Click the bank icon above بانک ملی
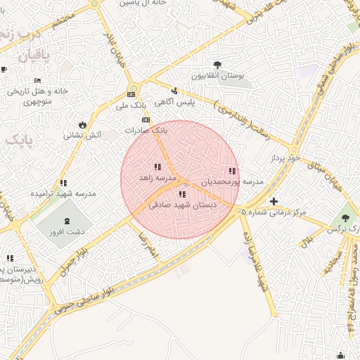click(131, 94)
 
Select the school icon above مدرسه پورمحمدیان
click(232, 171)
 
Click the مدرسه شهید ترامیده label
click(63, 193)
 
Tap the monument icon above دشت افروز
click(67, 221)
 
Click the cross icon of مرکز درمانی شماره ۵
click(274, 202)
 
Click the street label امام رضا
click(145, 243)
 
